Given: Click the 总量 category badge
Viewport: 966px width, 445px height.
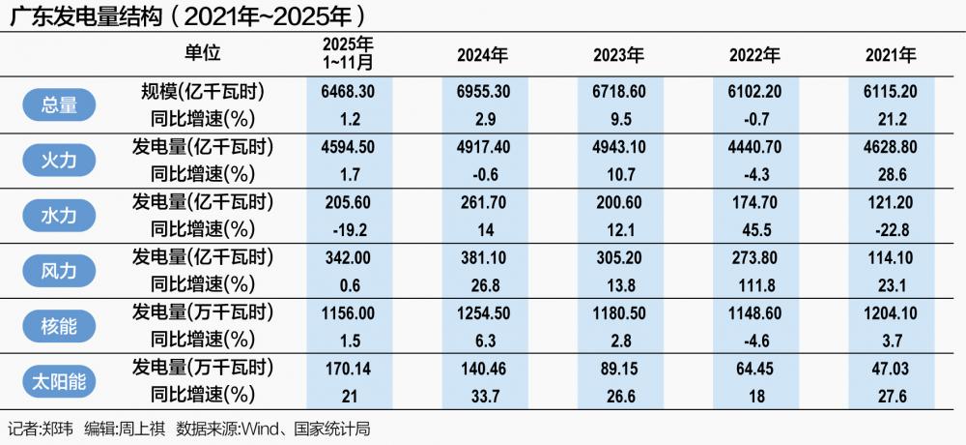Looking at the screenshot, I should pos(60,104).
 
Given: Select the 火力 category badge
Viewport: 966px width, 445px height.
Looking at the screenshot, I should pos(60,160).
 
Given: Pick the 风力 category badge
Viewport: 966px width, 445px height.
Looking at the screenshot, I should pos(60,271).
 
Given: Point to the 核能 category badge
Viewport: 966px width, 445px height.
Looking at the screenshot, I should pos(60,326).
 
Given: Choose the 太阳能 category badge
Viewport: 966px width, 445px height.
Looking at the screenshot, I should pos(60,381).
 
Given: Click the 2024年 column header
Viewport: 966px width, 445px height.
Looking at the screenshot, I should pos(482,55).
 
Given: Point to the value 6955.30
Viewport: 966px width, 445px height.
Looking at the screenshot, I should pos(482,92).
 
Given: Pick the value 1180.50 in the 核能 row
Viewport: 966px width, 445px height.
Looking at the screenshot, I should pos(618,313).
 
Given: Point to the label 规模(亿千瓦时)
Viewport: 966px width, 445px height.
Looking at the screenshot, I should pos(202,92).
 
